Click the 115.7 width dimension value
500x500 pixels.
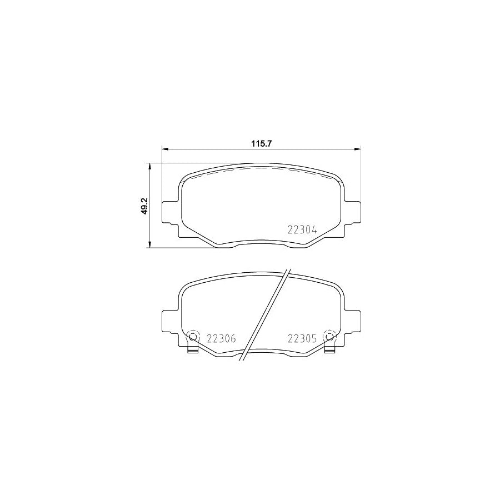click(x=261, y=143)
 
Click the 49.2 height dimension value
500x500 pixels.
click(x=143, y=206)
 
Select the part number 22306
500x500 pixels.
click(x=222, y=338)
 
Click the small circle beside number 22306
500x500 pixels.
click(x=193, y=337)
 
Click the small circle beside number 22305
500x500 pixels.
click(x=329, y=337)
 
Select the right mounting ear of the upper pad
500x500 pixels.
click(x=352, y=212)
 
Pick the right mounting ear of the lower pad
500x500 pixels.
click(x=352, y=321)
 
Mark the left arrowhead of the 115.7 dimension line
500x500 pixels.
click(x=164, y=148)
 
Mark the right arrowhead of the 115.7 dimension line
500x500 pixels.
click(x=357, y=148)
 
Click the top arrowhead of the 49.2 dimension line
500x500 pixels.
click(x=149, y=166)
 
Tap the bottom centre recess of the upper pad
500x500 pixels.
click(x=261, y=242)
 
